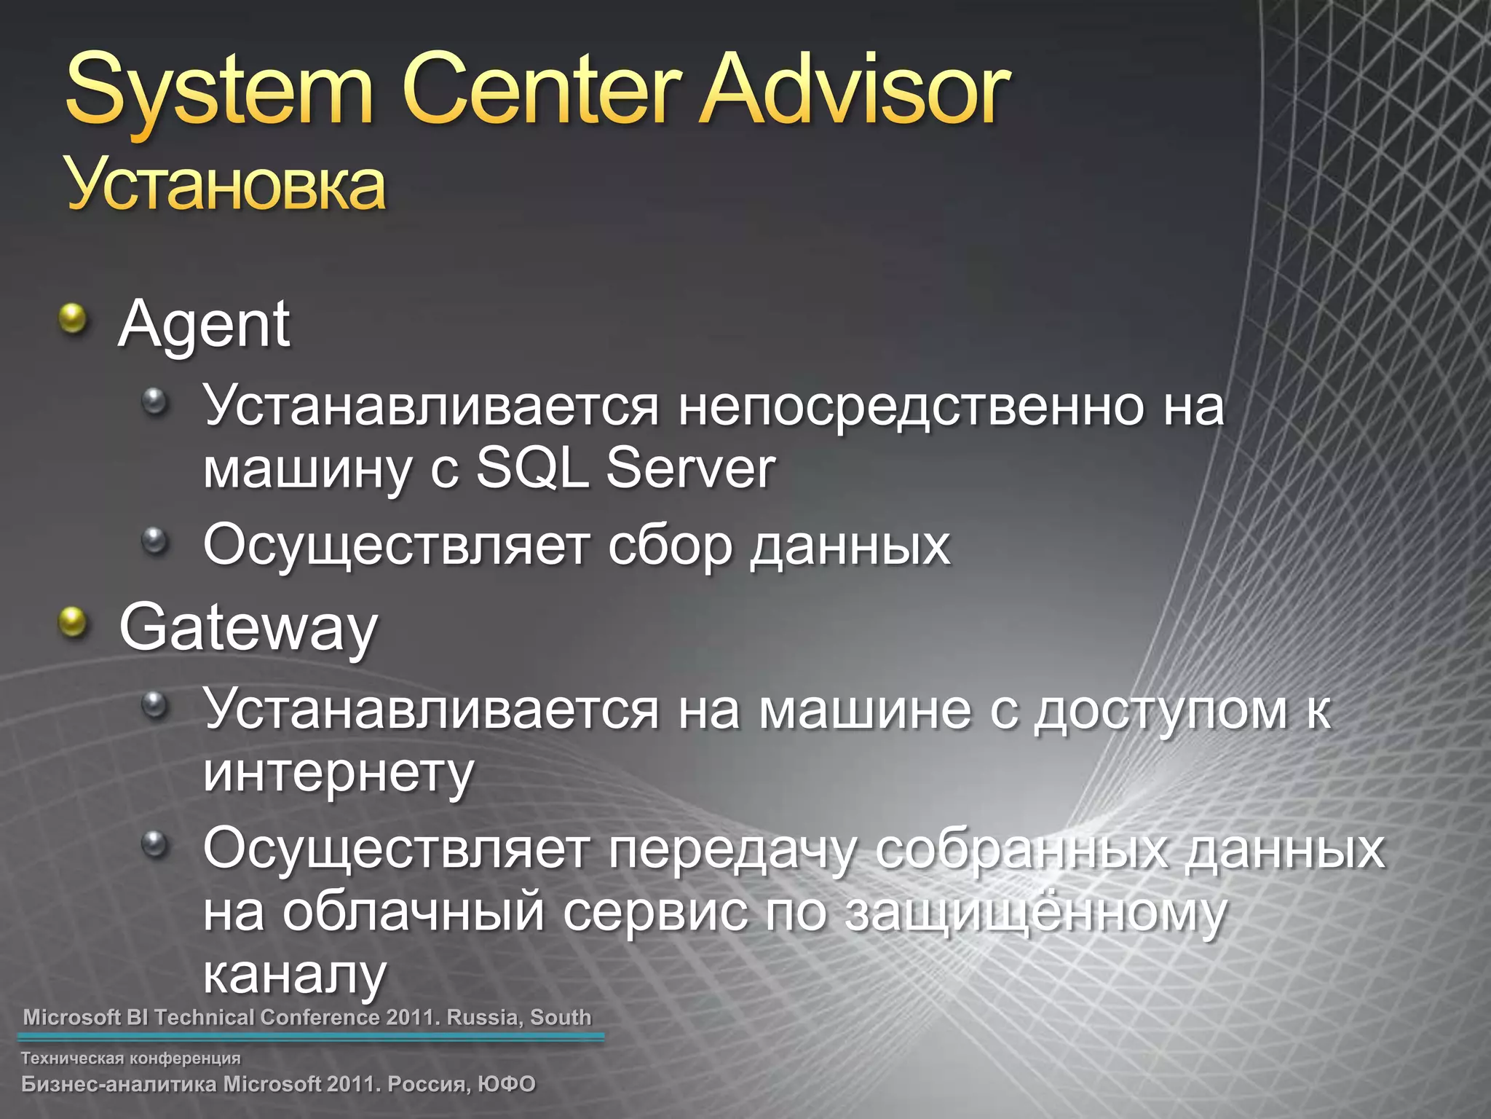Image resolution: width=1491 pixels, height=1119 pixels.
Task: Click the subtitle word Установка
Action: point(226,186)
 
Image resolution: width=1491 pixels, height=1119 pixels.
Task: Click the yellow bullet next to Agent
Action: point(73,318)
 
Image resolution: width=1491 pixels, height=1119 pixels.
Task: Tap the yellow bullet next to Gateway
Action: point(73,623)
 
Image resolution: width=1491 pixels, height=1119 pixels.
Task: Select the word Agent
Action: point(204,325)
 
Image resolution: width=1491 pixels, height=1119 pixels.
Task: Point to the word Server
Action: point(690,468)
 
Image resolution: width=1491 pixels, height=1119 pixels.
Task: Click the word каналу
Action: point(294,975)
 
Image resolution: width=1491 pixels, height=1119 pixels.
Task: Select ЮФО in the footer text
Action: point(507,1084)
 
